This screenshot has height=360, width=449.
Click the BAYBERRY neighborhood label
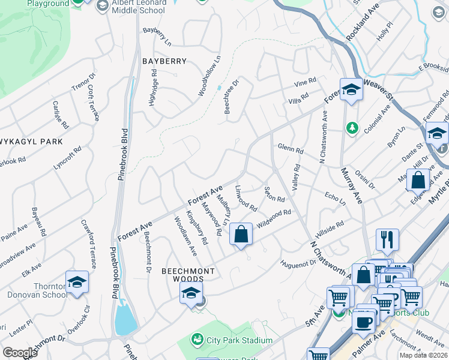(x=164, y=61)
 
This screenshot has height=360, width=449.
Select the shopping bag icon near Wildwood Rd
(x=241, y=234)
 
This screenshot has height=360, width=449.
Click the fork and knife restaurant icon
(x=387, y=239)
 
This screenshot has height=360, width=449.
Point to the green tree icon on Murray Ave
(x=352, y=128)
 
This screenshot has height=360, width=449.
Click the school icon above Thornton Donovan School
(x=77, y=281)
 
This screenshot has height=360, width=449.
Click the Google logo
(x=20, y=353)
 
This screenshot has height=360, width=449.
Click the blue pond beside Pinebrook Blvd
(x=126, y=319)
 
